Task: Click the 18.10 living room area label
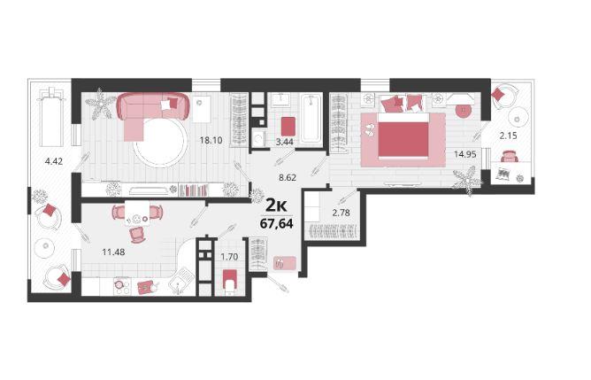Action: [x=211, y=140]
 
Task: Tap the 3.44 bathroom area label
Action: [x=285, y=142]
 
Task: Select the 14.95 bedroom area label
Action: [x=465, y=154]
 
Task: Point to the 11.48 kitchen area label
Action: [x=113, y=252]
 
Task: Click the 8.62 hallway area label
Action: [x=288, y=177]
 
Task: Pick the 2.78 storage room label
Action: [x=341, y=213]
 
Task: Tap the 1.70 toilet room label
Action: [x=229, y=257]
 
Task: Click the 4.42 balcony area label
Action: [x=53, y=161]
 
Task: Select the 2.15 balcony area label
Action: [x=508, y=136]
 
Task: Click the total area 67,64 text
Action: [x=276, y=224]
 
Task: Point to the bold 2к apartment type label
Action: [x=277, y=206]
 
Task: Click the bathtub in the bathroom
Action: [x=311, y=118]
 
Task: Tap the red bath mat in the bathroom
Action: [x=288, y=126]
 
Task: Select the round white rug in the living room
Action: [x=160, y=142]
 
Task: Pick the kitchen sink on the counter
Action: [x=181, y=281]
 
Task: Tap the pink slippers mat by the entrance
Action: [x=285, y=263]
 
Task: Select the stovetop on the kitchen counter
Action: [x=122, y=287]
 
